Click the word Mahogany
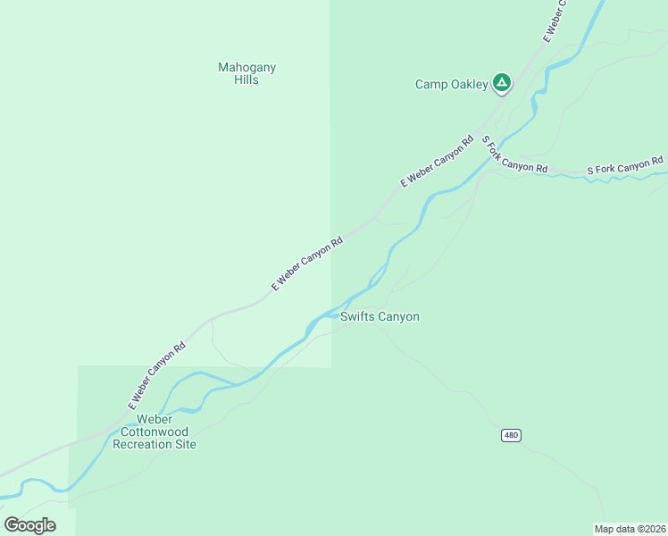247,67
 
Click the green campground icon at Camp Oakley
502,83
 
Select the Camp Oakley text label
452,85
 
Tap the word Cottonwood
154,431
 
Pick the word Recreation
144,444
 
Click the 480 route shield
510,435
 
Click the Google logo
29,525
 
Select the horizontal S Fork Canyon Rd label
625,165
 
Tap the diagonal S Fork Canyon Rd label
514,155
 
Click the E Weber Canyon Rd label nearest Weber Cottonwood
156,375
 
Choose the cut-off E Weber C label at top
555,20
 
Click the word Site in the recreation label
185,444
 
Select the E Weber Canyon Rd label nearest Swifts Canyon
307,264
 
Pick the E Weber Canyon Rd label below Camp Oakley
437,161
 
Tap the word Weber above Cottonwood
154,419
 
